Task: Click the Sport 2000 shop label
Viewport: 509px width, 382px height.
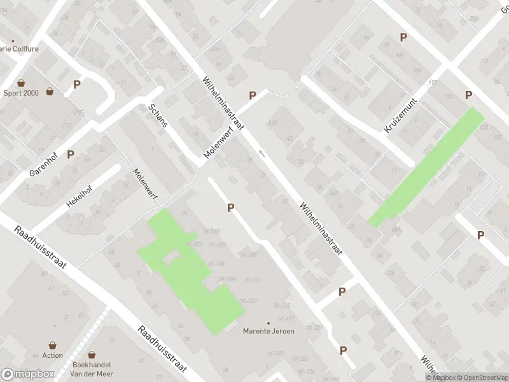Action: coord(21,93)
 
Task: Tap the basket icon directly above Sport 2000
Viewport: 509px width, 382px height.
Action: coord(21,83)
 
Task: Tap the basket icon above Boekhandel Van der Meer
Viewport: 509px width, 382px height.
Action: coord(92,355)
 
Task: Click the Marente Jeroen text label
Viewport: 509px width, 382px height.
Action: coord(268,331)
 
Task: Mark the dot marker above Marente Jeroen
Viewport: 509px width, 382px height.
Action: coord(268,323)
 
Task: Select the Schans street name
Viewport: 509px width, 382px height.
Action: coord(158,115)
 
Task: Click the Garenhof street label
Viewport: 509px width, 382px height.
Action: coord(43,164)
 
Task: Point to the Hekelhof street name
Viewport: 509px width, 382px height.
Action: coord(79,198)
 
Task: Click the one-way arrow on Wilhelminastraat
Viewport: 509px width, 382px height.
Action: coord(261,154)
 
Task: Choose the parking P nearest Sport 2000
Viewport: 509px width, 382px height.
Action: coord(77,84)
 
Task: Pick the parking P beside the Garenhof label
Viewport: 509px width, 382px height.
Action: coord(71,154)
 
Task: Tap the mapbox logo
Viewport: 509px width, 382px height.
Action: coord(28,374)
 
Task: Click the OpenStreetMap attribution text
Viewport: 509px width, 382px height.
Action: coord(481,378)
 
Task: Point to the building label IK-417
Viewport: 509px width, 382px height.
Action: coord(286,318)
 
